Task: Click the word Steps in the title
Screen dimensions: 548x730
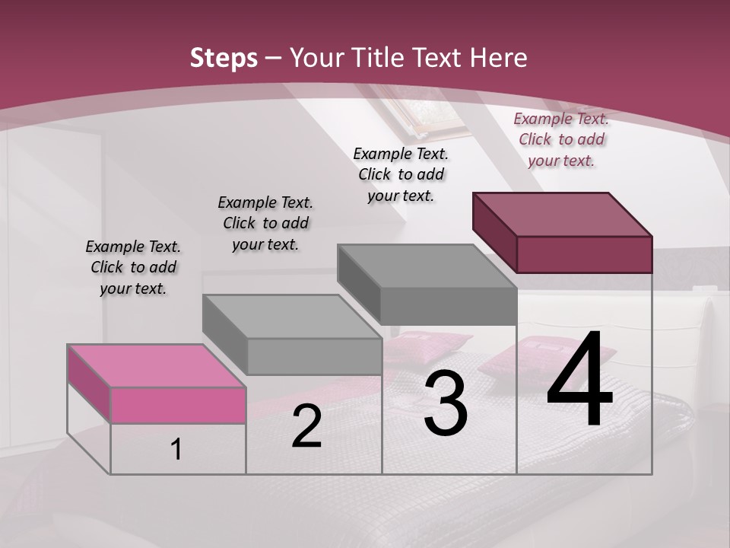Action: pyautogui.click(x=224, y=58)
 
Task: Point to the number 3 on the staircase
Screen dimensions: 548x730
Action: pyautogui.click(x=445, y=406)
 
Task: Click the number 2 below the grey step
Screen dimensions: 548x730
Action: pyautogui.click(x=306, y=427)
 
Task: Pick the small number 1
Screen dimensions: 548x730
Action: pyautogui.click(x=176, y=449)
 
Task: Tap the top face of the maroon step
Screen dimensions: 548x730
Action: pyautogui.click(x=562, y=214)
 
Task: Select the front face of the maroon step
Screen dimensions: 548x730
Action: pyautogui.click(x=584, y=254)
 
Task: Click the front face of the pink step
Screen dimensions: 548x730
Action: pyautogui.click(x=178, y=405)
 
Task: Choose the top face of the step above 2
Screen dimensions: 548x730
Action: pyautogui.click(x=291, y=316)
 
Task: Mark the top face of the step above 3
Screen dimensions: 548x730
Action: pyautogui.click(x=427, y=266)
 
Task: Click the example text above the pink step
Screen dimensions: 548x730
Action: pyautogui.click(x=133, y=267)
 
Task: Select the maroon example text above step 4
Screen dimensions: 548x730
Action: pyautogui.click(x=561, y=139)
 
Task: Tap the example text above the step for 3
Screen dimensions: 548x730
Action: pyautogui.click(x=401, y=174)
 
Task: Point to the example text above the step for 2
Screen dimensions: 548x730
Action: pyautogui.click(x=265, y=223)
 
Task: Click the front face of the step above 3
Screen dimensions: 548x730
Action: pyautogui.click(x=449, y=307)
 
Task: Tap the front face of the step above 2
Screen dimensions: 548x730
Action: pyautogui.click(x=314, y=356)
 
